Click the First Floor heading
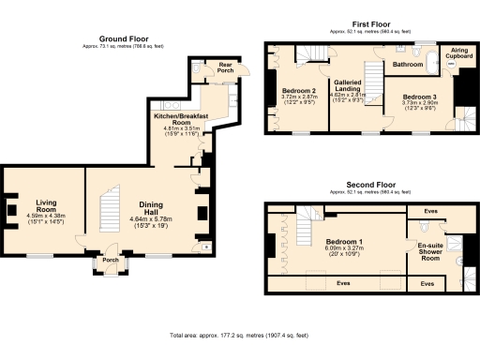click(x=371, y=22)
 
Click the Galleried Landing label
click(x=349, y=85)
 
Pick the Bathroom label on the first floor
click(x=407, y=66)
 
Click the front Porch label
click(x=110, y=261)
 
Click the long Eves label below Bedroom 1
click(x=343, y=281)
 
